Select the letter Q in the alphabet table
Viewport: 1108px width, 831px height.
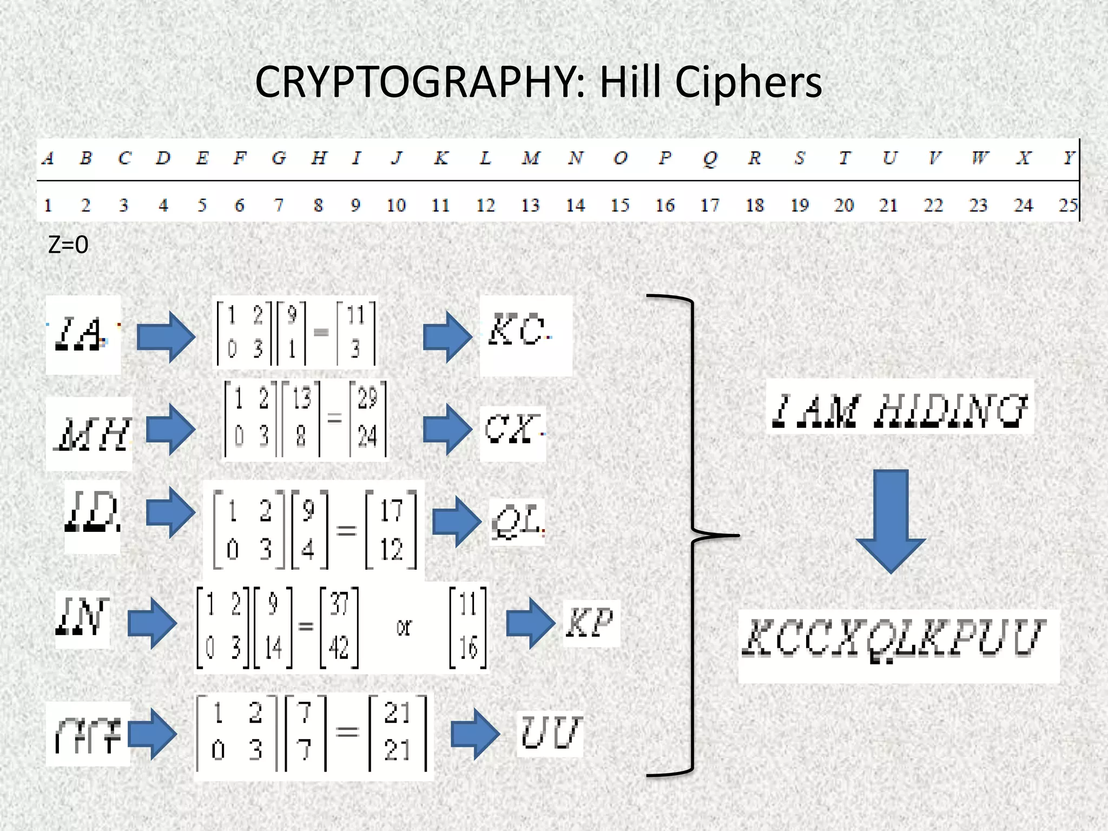click(709, 159)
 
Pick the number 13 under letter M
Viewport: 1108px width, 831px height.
click(530, 206)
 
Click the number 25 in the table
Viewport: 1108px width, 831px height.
click(1068, 206)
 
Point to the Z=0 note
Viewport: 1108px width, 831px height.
click(68, 245)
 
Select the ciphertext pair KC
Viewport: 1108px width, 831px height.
click(517, 331)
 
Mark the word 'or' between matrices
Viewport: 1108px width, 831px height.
click(404, 628)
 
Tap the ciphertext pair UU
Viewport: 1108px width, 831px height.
click(551, 733)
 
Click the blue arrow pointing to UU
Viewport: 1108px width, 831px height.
click(474, 734)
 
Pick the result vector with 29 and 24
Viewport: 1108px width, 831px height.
click(367, 418)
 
